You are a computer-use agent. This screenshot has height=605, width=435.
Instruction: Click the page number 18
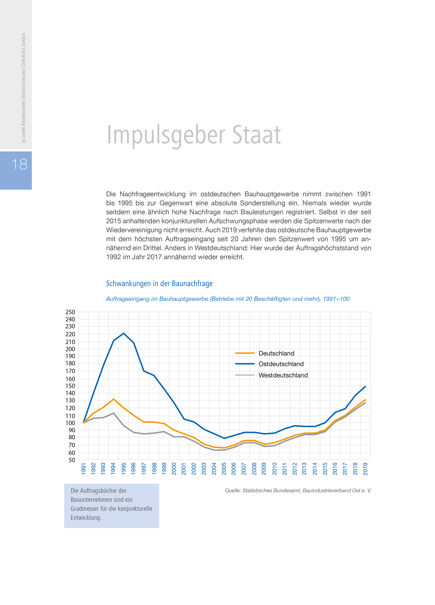tap(19, 164)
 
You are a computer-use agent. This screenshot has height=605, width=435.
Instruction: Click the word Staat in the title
tap(256, 135)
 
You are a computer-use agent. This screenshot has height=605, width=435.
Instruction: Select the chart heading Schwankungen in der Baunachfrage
tap(159, 283)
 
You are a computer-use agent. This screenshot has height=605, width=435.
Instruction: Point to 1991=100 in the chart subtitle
tap(336, 299)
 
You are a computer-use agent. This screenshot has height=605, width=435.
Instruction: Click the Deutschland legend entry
tap(276, 353)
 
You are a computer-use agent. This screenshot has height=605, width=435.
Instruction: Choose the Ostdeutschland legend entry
tap(281, 364)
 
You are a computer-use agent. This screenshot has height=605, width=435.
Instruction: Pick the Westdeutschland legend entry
tap(283, 375)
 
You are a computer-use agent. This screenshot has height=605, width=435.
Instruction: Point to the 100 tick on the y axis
tap(70, 423)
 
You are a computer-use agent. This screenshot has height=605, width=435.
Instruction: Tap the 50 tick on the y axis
tap(71, 460)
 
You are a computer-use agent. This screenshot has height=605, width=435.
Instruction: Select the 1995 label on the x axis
tap(124, 469)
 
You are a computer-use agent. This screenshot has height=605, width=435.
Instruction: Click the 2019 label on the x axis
tap(365, 469)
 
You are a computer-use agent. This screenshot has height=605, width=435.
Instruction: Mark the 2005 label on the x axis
tap(224, 469)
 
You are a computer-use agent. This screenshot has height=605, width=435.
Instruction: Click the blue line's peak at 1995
tap(124, 333)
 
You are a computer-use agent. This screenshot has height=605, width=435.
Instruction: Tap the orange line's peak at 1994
tap(114, 399)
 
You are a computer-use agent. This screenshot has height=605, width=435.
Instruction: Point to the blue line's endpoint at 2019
tap(365, 386)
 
